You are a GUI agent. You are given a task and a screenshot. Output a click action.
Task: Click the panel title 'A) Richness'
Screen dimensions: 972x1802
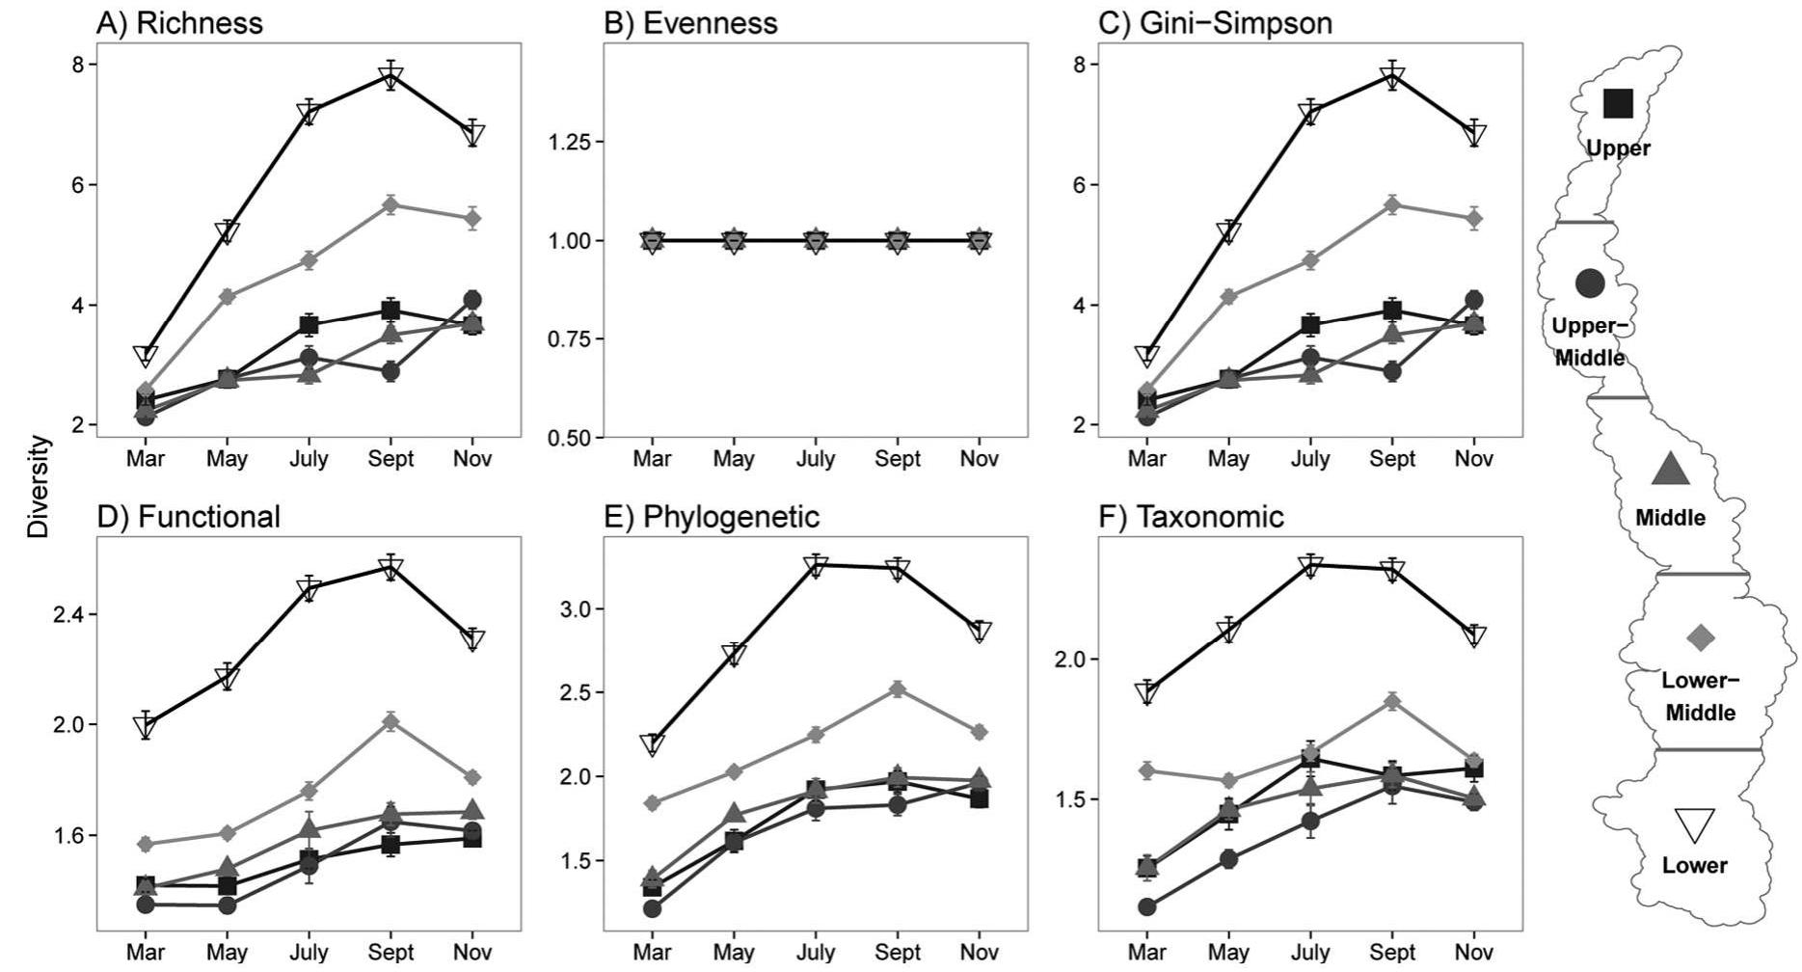click(179, 23)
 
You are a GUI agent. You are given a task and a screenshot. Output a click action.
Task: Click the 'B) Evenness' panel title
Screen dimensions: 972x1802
click(690, 23)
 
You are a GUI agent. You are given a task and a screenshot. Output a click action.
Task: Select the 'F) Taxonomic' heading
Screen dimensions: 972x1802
click(1192, 518)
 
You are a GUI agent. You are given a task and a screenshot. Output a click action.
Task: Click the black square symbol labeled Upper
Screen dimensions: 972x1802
click(1618, 103)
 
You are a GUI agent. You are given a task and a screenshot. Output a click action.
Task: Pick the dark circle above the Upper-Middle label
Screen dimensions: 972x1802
click(1590, 283)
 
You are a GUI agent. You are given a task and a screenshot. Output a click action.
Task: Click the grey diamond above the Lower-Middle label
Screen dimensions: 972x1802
click(1700, 636)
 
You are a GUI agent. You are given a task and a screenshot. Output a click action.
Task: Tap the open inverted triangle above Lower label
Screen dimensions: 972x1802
click(1694, 825)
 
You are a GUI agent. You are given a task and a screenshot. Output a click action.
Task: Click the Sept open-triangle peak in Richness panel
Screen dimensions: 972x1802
click(390, 77)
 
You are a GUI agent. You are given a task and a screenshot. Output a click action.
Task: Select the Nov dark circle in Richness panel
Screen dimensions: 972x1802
click(472, 300)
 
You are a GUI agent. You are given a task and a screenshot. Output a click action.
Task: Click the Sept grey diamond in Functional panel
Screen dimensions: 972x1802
click(390, 721)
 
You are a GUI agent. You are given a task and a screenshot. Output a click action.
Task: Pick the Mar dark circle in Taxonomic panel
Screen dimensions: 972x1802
click(1146, 906)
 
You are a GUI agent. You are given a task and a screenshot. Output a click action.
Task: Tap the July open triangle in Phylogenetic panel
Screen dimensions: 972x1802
click(817, 566)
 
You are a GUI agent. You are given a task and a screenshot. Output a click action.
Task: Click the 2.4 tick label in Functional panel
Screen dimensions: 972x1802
click(69, 614)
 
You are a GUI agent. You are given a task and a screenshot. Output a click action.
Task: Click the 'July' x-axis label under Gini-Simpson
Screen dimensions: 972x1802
click(1310, 459)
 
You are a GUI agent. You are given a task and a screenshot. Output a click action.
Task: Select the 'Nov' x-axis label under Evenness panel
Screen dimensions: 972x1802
click(979, 459)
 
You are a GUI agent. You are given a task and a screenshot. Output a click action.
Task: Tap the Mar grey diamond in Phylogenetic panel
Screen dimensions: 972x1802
click(652, 802)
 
